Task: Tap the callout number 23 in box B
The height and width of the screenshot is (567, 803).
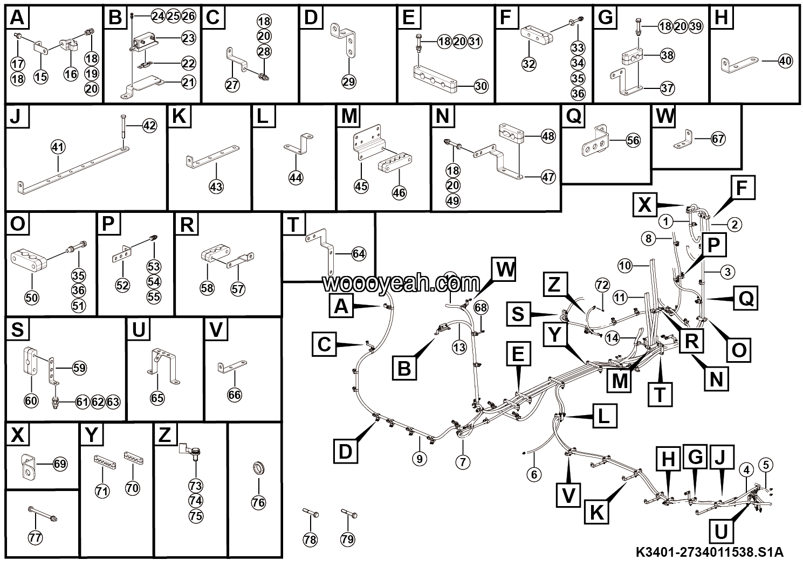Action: (x=188, y=38)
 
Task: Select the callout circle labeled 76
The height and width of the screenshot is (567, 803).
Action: (x=258, y=502)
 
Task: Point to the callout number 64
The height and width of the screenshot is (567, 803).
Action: (x=359, y=253)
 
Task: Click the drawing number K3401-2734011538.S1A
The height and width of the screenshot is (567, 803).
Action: (x=709, y=552)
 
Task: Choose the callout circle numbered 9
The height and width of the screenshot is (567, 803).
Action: (x=419, y=459)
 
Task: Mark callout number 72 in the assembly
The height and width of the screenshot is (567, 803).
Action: (x=602, y=283)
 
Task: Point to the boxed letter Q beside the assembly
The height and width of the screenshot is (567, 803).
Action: (x=746, y=298)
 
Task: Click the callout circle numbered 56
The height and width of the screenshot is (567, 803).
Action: (x=633, y=140)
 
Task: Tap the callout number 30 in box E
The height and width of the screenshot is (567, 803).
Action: (x=482, y=85)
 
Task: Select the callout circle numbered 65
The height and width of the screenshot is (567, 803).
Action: (x=157, y=398)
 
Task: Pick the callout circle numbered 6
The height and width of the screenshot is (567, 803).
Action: (x=534, y=474)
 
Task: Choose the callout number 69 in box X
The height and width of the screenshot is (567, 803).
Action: (x=60, y=464)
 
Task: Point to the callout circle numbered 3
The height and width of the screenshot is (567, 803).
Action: (x=727, y=272)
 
